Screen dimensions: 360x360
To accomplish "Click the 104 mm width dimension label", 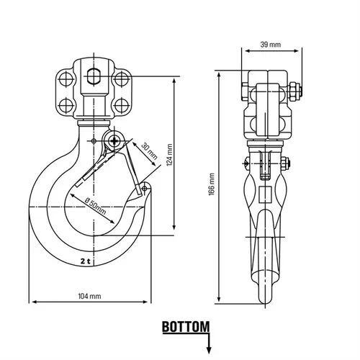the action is [x=89, y=296].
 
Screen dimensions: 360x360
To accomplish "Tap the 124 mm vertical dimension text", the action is [x=169, y=155].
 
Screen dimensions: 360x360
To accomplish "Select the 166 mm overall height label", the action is [x=212, y=184].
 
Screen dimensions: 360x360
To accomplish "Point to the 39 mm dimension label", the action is [x=271, y=45].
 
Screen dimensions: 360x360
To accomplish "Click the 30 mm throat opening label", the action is [x=149, y=151].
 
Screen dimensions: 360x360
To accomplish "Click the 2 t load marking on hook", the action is [x=85, y=261].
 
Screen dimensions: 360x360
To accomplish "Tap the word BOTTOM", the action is [x=186, y=327].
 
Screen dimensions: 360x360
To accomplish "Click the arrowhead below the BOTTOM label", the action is [x=209, y=350].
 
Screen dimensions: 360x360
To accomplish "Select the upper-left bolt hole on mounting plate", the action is [x=66, y=78].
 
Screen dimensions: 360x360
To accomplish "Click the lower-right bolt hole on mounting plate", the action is [x=121, y=106].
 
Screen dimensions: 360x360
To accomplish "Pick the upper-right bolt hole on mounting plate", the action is [x=121, y=78].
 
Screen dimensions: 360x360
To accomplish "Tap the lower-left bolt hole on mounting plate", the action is [x=66, y=106].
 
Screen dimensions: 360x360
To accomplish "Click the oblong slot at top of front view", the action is [x=94, y=76].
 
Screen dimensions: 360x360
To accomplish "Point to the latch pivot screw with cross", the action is [x=114, y=141].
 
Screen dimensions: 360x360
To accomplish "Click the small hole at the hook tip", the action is [x=144, y=188].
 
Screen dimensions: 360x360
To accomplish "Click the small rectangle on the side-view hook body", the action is [x=266, y=194].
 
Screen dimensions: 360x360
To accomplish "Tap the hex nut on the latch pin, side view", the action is [x=284, y=163].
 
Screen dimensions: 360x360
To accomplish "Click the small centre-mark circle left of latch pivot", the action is [x=94, y=141].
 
